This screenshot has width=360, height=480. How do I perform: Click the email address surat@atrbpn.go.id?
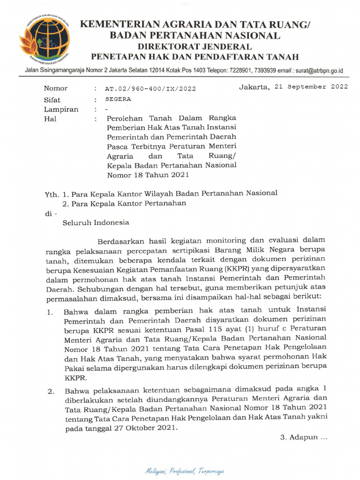tap(318, 71)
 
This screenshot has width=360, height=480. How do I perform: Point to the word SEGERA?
tap(118, 99)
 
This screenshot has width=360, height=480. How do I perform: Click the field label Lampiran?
tap(61, 109)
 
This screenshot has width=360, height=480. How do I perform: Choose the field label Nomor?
tap(56, 88)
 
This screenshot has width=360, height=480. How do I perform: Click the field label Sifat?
tap(52, 99)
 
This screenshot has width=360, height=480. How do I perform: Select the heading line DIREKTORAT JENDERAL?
tap(194, 46)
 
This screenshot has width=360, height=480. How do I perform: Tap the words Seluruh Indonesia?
tap(96, 223)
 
